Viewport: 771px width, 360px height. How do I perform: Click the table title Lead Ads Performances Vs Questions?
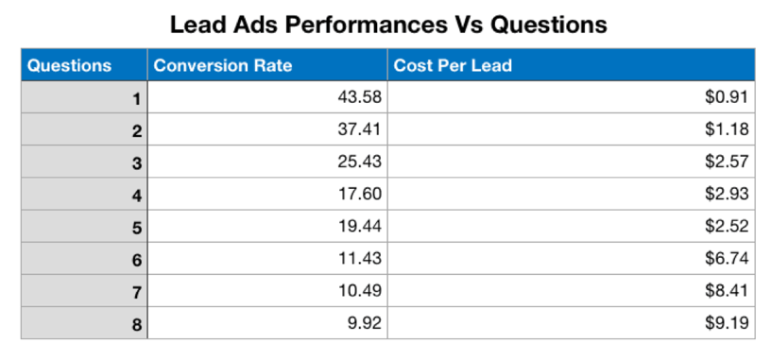pos(388,24)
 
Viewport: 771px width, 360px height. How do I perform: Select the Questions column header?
pos(70,66)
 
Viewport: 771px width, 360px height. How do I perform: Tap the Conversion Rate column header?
pos(223,66)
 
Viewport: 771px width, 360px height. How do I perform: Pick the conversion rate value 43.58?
pos(359,98)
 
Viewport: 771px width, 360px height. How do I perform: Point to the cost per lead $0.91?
pos(727,98)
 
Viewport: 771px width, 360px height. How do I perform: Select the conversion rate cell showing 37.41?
pos(359,129)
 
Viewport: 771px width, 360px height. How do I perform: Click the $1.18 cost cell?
pos(727,129)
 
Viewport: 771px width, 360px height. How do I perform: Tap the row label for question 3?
pos(136,163)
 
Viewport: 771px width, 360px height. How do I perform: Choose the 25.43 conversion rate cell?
pos(359,162)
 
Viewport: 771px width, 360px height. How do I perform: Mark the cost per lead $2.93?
pos(727,194)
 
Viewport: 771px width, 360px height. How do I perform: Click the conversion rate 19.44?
pos(359,226)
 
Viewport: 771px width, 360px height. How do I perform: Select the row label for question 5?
pos(136,227)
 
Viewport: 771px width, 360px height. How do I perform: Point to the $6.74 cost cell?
pos(727,258)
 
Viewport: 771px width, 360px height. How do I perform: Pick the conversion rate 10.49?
pos(359,290)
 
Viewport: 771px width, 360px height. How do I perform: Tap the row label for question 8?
pos(136,323)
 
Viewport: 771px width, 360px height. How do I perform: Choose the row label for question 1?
pos(136,98)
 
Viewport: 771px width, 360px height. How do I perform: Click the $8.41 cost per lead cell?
pos(727,290)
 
